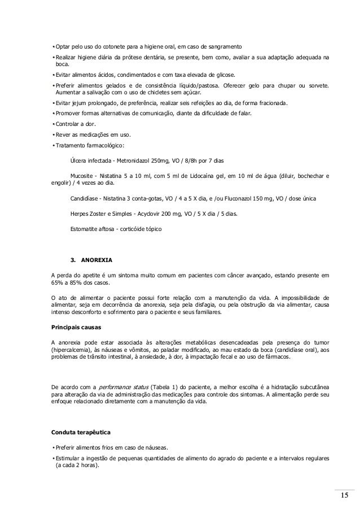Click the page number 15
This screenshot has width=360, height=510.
(x=344, y=496)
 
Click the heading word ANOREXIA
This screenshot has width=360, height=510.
(x=97, y=260)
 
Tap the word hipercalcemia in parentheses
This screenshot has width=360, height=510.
(x=73, y=350)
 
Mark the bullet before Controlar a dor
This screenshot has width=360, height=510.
(x=52, y=124)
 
